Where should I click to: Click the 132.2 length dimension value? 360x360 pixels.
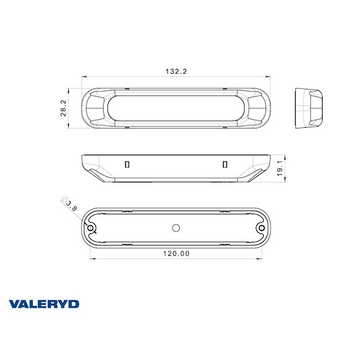tap(176, 72)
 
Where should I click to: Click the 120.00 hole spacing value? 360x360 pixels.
tap(176, 253)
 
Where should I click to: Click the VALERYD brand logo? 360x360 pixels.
tap(44, 304)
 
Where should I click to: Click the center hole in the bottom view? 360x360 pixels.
tap(176, 228)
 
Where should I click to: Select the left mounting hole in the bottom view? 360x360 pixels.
tap(91, 228)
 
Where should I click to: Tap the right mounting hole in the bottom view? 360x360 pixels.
tap(261, 228)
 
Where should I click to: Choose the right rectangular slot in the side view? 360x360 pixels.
tap(225, 164)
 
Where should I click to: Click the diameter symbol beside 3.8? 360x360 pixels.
tap(63, 200)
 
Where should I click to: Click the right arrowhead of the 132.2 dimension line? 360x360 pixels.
tap(269, 78)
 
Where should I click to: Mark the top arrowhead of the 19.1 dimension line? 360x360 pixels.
tap(284, 155)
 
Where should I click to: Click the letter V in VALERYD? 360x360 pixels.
tap(14, 304)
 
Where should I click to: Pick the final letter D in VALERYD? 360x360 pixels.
tap(74, 304)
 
